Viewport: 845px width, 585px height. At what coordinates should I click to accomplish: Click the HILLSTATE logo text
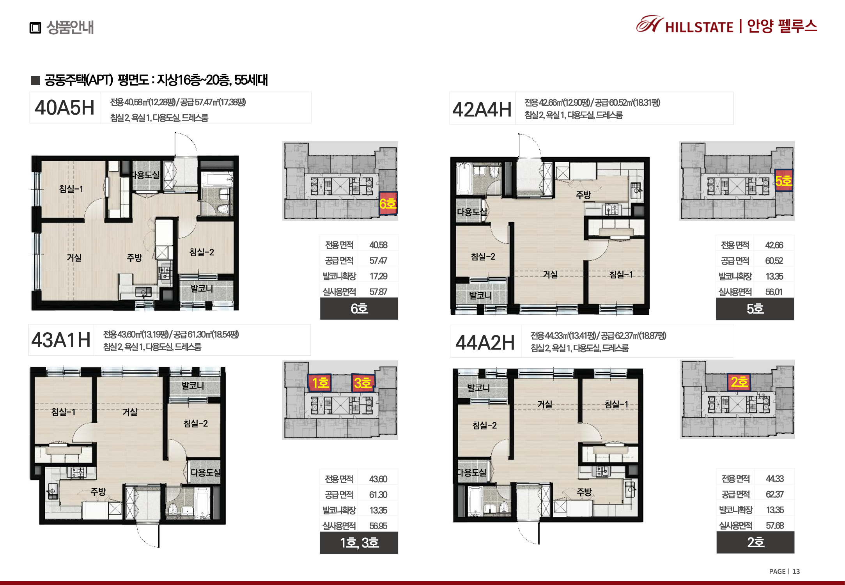click(x=699, y=27)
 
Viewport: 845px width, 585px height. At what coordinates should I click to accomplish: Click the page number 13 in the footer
click(x=796, y=571)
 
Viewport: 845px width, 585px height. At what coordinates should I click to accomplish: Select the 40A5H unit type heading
click(x=65, y=108)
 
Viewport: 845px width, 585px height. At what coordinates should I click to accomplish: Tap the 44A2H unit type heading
click(x=485, y=343)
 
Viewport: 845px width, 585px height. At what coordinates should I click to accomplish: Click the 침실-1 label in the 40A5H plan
click(x=71, y=189)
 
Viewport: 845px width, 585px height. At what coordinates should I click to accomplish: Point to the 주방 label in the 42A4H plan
click(x=583, y=195)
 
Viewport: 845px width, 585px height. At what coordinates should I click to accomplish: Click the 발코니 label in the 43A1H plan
click(x=193, y=385)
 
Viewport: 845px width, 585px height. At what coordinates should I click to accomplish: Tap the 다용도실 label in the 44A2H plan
click(x=472, y=472)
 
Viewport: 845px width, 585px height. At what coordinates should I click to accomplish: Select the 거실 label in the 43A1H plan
click(x=130, y=412)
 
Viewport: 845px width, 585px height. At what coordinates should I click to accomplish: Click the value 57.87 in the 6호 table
click(x=378, y=292)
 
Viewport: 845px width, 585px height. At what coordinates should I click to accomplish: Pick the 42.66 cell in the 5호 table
click(x=774, y=245)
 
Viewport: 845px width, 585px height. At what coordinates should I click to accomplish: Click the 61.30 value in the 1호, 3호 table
click(x=378, y=495)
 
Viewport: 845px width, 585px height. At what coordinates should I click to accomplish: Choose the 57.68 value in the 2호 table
click(x=775, y=525)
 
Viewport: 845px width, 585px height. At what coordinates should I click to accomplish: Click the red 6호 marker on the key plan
click(x=388, y=203)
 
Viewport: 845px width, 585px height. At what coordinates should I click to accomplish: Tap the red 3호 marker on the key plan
click(x=363, y=383)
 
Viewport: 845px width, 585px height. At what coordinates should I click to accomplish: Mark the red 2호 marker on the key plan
click(x=739, y=382)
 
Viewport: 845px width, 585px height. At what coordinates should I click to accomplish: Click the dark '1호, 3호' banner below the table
click(x=359, y=542)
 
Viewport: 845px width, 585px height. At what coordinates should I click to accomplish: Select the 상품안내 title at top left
click(x=70, y=27)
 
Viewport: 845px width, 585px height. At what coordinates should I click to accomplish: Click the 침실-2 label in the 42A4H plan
click(x=483, y=256)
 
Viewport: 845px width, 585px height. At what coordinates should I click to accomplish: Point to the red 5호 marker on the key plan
click(x=784, y=181)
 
